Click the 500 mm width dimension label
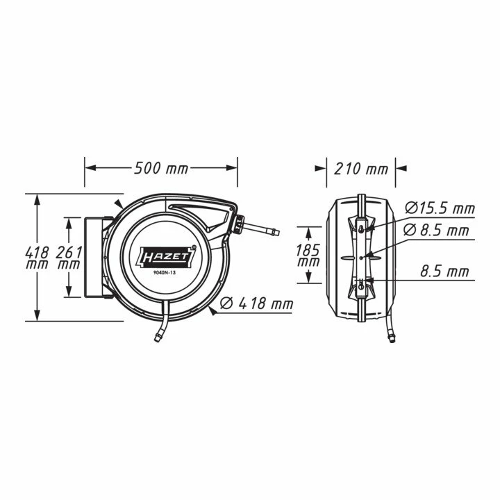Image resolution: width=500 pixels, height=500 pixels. (x=160, y=168)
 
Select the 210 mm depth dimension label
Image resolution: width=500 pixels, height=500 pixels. (x=360, y=169)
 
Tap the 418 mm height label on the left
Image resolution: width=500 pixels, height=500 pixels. (x=37, y=257)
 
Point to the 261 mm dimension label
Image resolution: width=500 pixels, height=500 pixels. (x=69, y=257)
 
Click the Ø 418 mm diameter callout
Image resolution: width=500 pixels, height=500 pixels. (x=257, y=303)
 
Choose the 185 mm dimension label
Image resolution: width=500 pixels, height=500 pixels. (x=308, y=255)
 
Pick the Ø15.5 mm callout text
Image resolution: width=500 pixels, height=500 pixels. (x=440, y=208)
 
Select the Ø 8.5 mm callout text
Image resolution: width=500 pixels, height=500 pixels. (x=436, y=231)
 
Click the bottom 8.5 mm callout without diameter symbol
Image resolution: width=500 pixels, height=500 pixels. (x=445, y=272)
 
